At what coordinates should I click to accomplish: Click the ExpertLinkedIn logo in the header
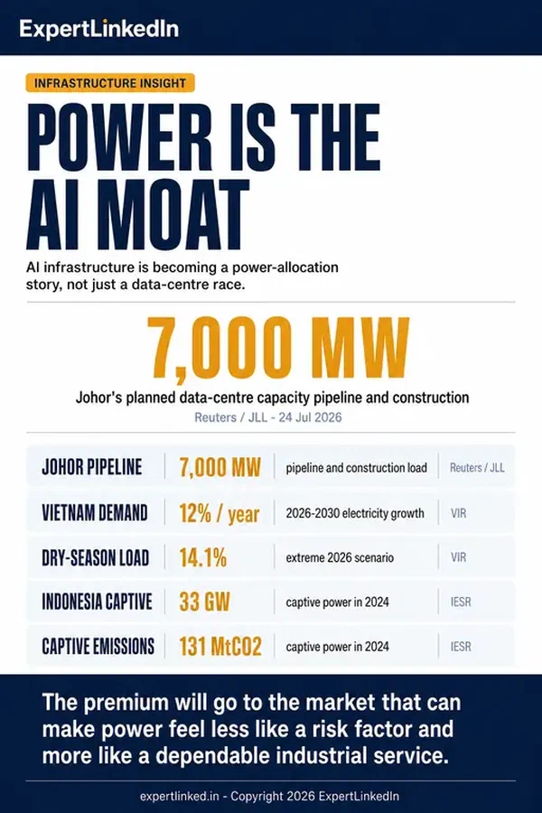(99, 29)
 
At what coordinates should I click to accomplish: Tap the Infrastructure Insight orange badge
(110, 83)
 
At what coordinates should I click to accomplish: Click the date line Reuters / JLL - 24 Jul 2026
(268, 417)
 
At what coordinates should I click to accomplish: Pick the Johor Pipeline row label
(92, 467)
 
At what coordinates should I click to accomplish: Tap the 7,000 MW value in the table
(220, 467)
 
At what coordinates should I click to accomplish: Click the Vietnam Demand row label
(94, 513)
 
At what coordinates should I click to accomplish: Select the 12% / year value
(219, 514)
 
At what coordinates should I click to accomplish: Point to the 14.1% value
(202, 558)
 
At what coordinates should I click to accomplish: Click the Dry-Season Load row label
(96, 558)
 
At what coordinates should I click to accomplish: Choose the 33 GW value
(204, 602)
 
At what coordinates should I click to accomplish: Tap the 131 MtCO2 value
(220, 647)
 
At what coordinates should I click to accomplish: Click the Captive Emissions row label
(98, 647)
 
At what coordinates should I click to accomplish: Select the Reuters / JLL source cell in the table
(477, 468)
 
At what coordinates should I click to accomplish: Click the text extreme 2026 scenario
(340, 558)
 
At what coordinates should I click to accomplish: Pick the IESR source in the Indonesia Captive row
(461, 602)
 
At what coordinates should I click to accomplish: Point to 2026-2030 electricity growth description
(355, 513)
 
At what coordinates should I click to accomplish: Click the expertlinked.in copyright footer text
(270, 797)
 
